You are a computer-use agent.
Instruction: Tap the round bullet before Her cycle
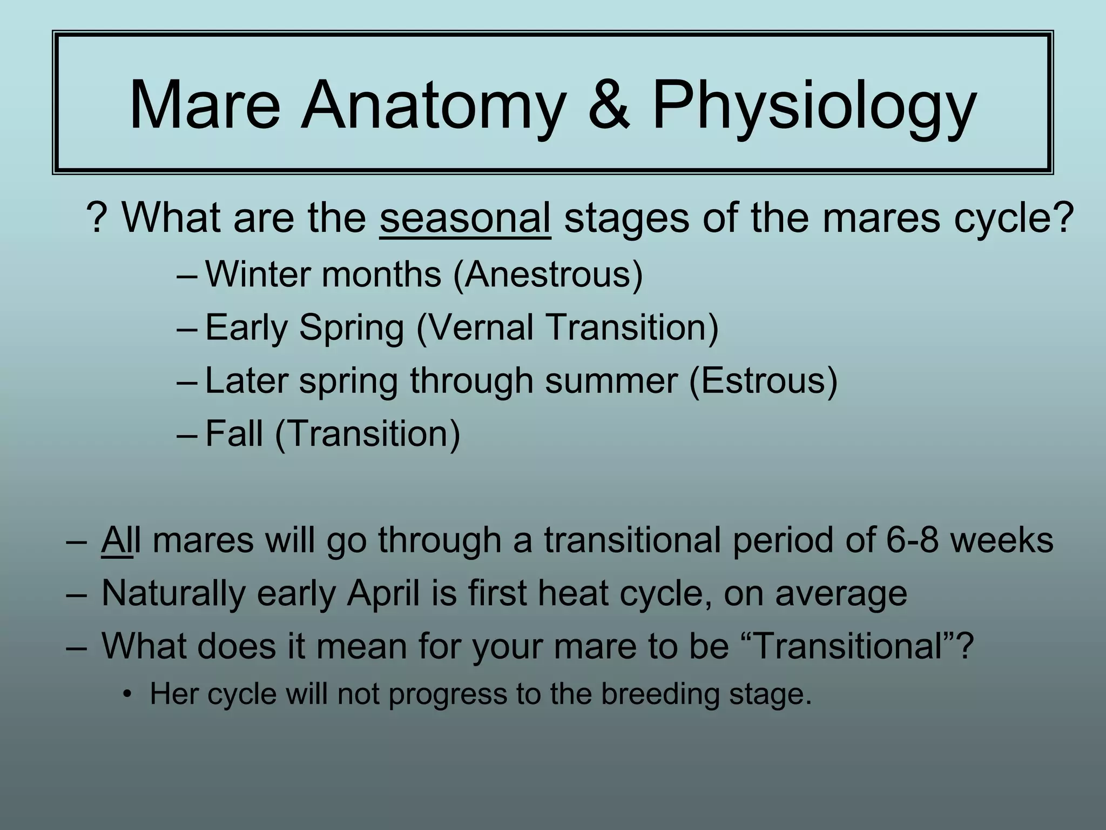coord(127,694)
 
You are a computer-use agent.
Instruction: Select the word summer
coord(611,380)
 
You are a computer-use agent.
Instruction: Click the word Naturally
coord(173,593)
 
